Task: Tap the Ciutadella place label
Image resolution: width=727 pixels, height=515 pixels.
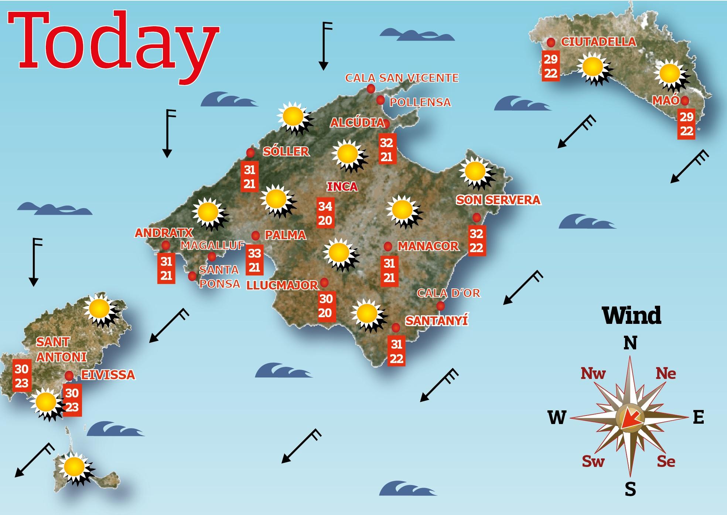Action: point(598,42)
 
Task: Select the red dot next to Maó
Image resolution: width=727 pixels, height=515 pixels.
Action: point(685,100)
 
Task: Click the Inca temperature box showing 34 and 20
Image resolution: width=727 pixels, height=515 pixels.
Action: point(325,213)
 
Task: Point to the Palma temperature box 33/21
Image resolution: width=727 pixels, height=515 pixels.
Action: point(255,260)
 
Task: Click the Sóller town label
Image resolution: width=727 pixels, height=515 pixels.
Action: point(286,151)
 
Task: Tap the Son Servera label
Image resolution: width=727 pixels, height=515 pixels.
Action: point(498,200)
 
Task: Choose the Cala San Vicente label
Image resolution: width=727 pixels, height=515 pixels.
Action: point(402,78)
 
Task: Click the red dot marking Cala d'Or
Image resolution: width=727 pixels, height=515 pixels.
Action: point(440,306)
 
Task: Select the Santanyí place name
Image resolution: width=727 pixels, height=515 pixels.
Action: point(437,320)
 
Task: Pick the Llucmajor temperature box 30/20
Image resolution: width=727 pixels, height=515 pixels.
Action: point(325,306)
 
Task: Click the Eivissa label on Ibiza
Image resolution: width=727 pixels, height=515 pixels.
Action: point(108,375)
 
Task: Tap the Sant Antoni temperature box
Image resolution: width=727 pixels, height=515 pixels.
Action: point(22,376)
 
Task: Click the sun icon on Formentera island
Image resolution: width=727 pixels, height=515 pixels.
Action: point(74,466)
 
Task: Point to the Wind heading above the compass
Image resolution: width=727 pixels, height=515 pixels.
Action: point(632,315)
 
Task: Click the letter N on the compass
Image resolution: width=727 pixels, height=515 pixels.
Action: point(630,343)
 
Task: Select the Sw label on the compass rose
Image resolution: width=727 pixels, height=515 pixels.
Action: point(593,461)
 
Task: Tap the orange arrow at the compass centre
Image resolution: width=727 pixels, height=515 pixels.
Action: point(629,420)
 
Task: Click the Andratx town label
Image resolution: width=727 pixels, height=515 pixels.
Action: point(164,233)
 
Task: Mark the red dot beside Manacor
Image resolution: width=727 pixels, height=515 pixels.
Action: point(388,246)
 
